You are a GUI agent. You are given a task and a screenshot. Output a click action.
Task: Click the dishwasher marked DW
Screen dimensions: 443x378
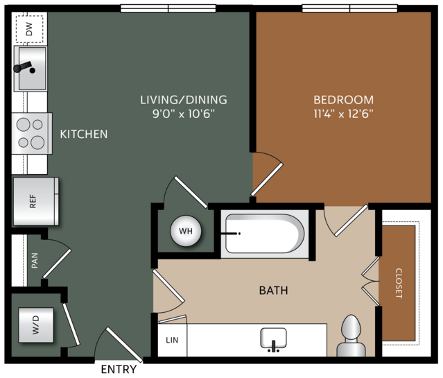tap(29, 29)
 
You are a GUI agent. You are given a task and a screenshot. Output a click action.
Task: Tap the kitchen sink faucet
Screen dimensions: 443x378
tap(24, 67)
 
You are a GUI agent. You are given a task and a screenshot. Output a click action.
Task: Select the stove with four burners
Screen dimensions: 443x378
tap(32, 133)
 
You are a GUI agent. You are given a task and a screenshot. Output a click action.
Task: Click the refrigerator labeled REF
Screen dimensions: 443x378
tap(35, 201)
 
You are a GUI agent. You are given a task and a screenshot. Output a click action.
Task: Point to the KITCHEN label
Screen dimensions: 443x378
tap(84, 135)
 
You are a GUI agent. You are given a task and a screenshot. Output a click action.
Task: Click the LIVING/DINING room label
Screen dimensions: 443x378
tap(184, 100)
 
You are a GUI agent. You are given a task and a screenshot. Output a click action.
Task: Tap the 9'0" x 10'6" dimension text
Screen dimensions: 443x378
tap(184, 114)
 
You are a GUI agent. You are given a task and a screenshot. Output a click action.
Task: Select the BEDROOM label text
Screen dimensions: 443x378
tap(344, 100)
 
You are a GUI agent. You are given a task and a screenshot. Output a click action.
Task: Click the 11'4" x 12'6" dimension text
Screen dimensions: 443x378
tap(344, 114)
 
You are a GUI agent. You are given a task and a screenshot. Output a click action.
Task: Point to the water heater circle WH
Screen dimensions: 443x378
tap(186, 231)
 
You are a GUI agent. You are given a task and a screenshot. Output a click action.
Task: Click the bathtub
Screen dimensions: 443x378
tap(265, 234)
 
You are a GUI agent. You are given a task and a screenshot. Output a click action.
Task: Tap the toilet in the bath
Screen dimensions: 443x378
tap(351, 336)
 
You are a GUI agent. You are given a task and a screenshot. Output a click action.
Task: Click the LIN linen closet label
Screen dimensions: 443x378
tap(172, 340)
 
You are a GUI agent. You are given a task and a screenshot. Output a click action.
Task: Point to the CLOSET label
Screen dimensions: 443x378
tap(399, 283)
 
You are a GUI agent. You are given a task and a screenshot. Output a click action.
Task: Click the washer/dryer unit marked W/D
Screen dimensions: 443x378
tap(36, 325)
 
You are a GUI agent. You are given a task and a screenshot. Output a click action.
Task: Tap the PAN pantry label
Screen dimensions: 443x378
tap(35, 260)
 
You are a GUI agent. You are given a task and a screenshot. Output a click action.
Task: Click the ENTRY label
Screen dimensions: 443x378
tap(119, 369)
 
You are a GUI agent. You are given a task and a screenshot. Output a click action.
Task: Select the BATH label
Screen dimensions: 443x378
tap(273, 291)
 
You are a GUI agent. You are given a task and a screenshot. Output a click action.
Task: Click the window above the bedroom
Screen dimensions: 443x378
tap(350, 8)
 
